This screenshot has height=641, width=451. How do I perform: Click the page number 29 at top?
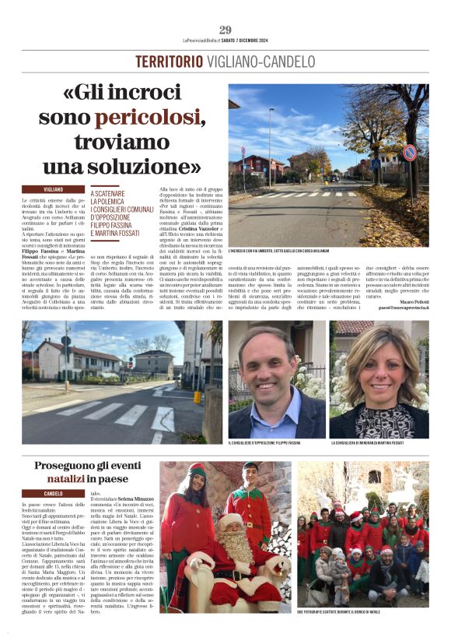pyautogui.click(x=225, y=30)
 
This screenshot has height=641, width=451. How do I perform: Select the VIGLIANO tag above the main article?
pyautogui.click(x=54, y=189)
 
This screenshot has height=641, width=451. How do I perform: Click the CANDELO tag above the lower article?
pyautogui.click(x=54, y=494)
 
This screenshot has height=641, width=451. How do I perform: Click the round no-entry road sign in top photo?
pyautogui.click(x=409, y=153)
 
